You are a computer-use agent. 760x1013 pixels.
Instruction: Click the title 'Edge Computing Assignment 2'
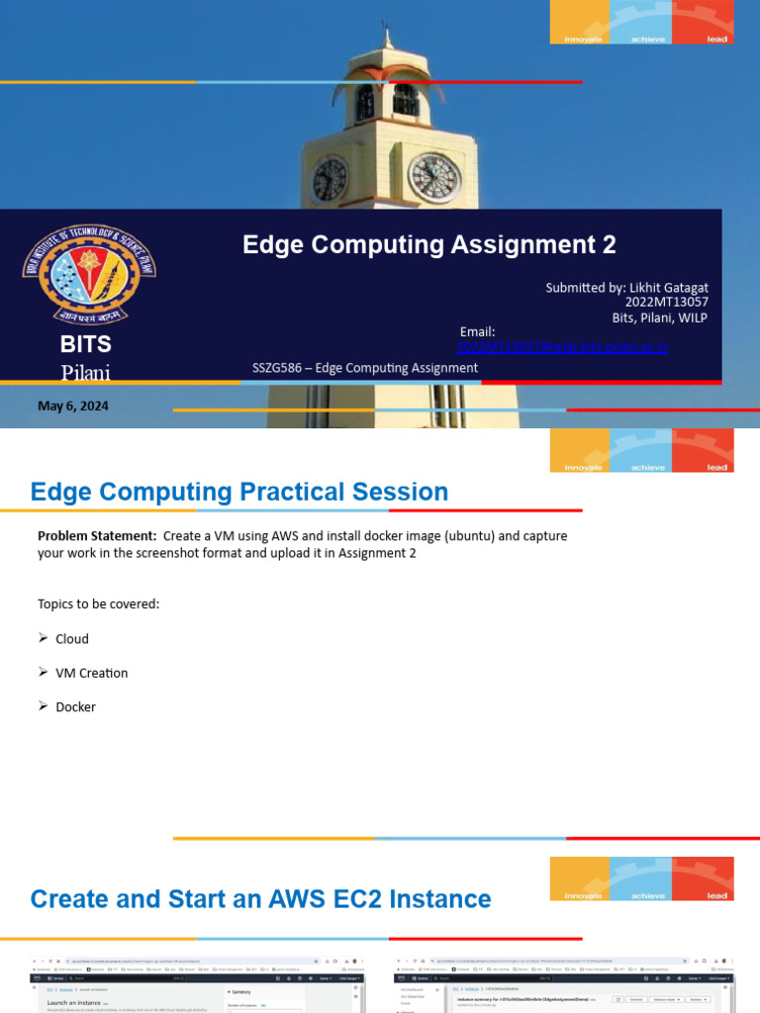[x=428, y=244]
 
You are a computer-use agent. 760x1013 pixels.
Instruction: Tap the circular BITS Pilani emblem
[x=89, y=274]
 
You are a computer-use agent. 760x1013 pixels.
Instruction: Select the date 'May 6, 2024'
[x=73, y=406]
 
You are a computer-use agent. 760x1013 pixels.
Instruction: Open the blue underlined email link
[x=562, y=346]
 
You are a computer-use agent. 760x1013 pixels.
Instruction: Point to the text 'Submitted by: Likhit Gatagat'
[x=626, y=287]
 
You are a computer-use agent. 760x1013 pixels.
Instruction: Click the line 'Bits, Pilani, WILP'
[x=659, y=317]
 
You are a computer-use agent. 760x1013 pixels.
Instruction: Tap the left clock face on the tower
[x=330, y=179]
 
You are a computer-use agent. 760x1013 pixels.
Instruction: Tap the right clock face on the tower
[x=434, y=178]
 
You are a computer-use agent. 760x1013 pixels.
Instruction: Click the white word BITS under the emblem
[x=86, y=344]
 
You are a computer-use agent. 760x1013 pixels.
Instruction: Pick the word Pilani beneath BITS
[x=86, y=373]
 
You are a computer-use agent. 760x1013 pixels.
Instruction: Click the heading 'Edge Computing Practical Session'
[x=239, y=492]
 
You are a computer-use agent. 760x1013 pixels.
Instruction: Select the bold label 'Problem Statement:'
[x=97, y=535]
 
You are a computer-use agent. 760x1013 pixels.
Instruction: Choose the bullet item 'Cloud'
[x=72, y=639]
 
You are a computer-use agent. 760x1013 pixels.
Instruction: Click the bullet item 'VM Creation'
[x=91, y=673]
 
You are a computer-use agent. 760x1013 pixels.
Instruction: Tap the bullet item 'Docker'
[x=75, y=706]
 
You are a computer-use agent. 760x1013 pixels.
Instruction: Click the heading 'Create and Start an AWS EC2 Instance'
[x=260, y=898]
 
